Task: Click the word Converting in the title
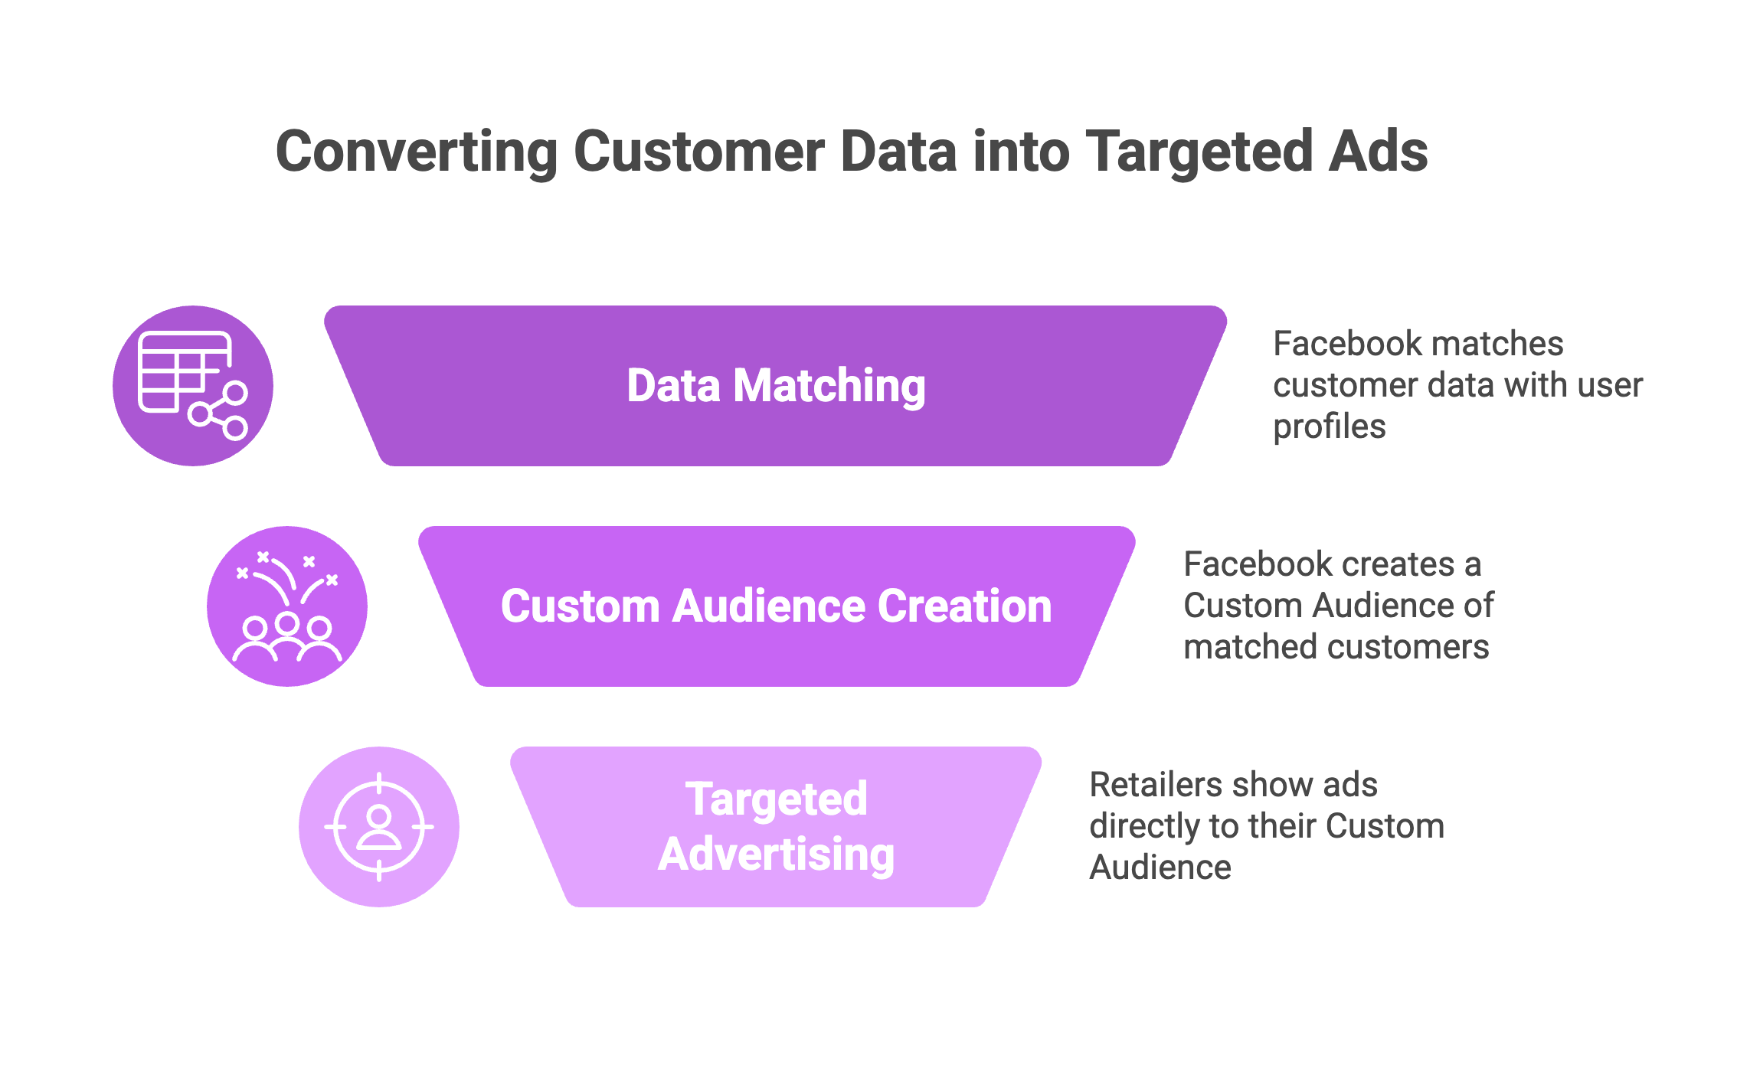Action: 417,152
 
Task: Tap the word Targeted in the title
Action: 1199,152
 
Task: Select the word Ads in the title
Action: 1378,152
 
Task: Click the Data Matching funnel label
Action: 776,385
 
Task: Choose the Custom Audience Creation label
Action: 776,606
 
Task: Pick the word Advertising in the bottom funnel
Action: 776,854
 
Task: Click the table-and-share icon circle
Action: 193,385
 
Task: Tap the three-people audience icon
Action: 287,606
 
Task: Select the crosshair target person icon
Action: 379,827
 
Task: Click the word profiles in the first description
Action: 1329,426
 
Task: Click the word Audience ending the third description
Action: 1160,868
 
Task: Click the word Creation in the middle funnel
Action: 964,606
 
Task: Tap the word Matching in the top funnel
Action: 829,385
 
